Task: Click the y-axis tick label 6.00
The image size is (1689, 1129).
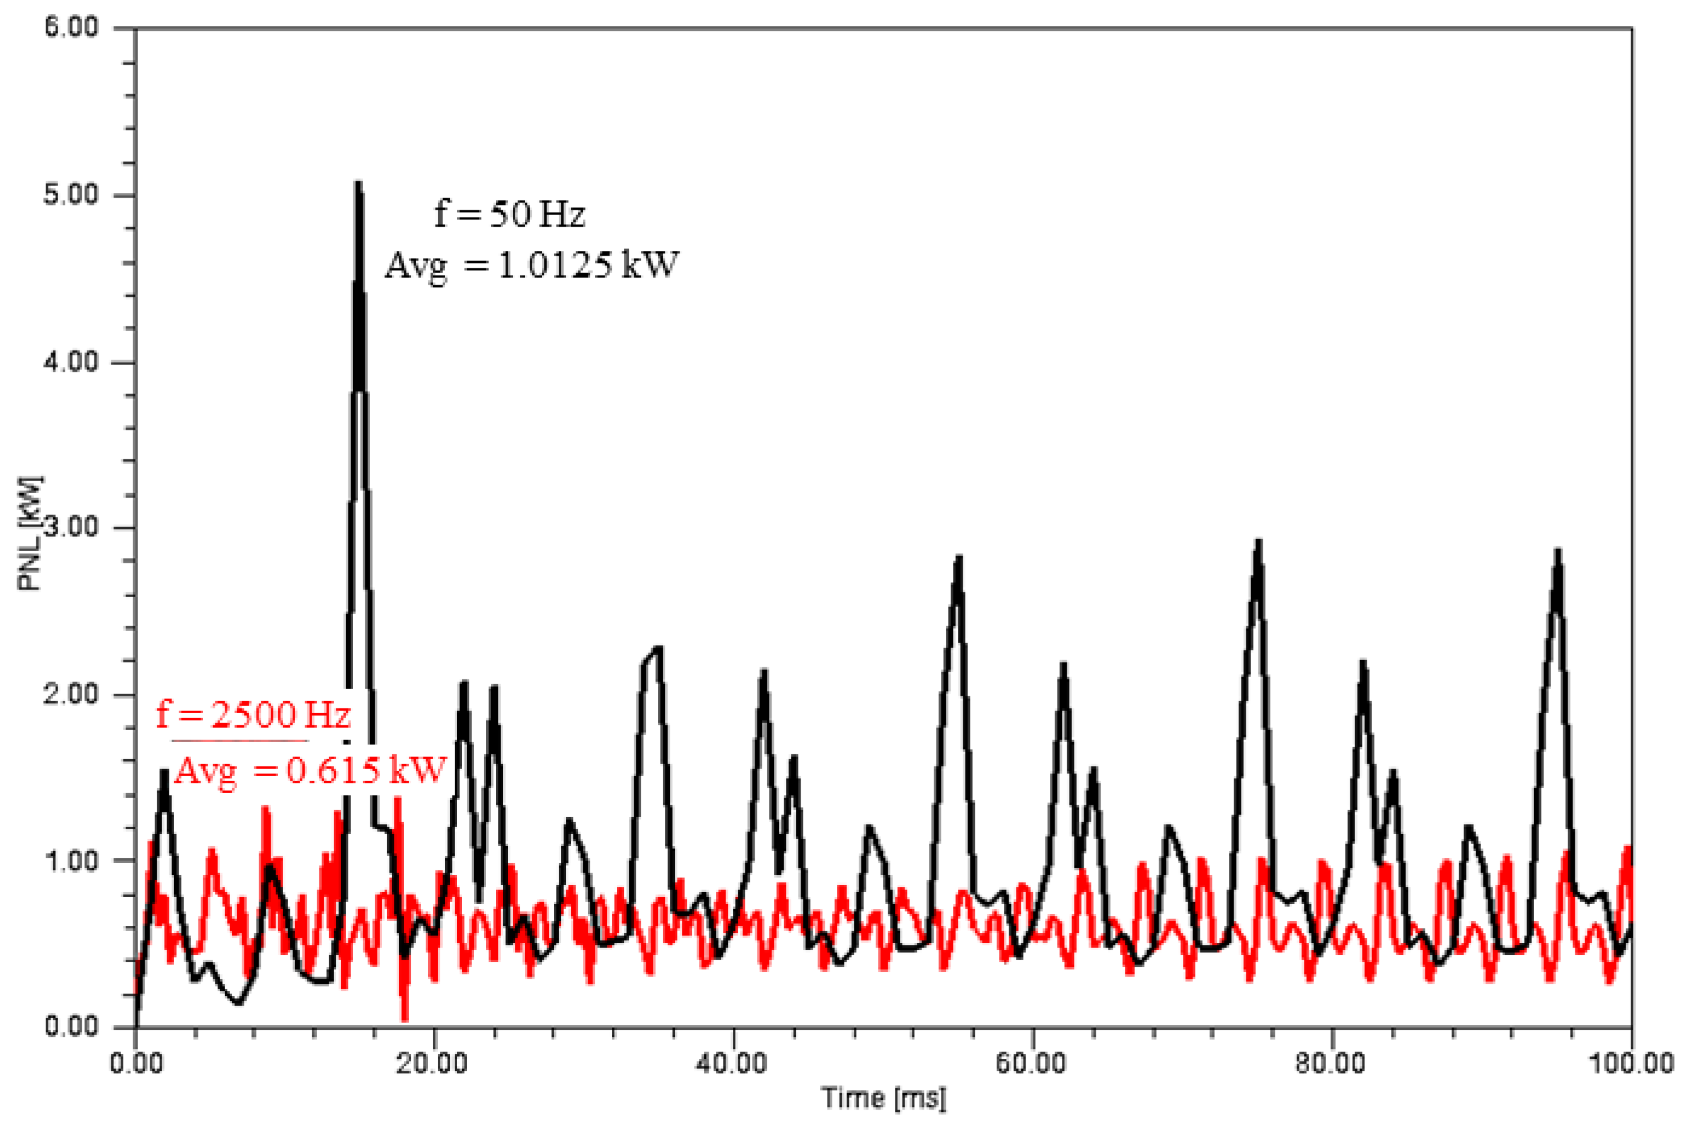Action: [71, 28]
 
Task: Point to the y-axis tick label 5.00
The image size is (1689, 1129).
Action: [71, 195]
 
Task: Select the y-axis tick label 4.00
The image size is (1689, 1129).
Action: [71, 361]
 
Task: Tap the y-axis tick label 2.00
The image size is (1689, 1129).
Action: [71, 695]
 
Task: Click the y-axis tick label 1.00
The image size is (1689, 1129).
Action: [71, 861]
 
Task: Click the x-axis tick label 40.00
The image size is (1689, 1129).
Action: [733, 1064]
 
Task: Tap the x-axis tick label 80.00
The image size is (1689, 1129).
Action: [1332, 1064]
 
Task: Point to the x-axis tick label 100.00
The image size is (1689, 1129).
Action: [1629, 1064]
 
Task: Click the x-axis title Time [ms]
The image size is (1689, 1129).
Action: [884, 1099]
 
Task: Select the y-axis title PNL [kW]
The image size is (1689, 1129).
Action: [30, 533]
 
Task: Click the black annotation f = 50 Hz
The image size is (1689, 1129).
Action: [509, 214]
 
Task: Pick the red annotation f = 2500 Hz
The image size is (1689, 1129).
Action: [253, 715]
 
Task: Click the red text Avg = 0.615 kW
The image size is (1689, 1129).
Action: [310, 771]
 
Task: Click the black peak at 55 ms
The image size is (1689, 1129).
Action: [958, 558]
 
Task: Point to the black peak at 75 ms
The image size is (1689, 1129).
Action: [1258, 542]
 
